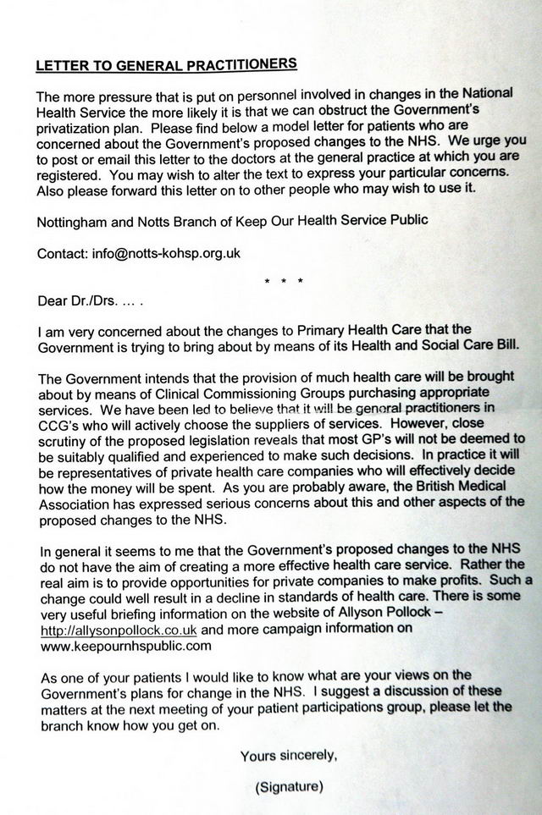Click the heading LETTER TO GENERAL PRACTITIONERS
coord(166,64)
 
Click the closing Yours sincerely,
coord(289,755)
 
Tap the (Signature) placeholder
coord(289,786)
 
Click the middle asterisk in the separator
coord(285,278)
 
